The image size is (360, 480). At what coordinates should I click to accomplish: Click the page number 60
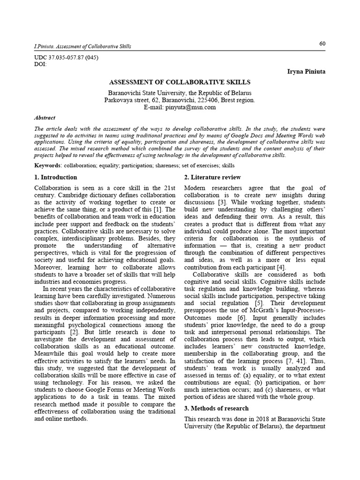pyautogui.click(x=322, y=44)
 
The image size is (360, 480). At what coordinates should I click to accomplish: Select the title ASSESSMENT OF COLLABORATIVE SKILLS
pyautogui.click(x=180, y=82)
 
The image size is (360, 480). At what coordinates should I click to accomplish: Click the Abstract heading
pyautogui.click(x=45, y=118)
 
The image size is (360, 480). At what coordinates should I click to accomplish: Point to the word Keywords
pyautogui.click(x=47, y=165)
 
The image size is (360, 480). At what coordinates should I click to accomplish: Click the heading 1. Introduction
pyautogui.click(x=56, y=177)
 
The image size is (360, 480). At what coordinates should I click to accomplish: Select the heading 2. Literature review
pyautogui.click(x=212, y=177)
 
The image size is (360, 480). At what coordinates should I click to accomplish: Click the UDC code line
pyautogui.click(x=66, y=58)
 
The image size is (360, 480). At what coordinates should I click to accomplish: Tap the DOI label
pyautogui.click(x=41, y=64)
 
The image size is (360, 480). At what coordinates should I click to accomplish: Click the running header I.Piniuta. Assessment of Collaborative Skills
pyautogui.click(x=83, y=46)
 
